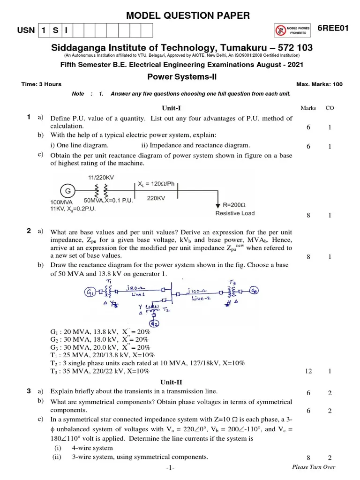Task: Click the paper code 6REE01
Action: [x=333, y=29]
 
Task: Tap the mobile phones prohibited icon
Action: [x=292, y=31]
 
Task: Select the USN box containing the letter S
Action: [x=55, y=31]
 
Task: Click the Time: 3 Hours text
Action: [x=41, y=84]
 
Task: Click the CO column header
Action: [x=330, y=108]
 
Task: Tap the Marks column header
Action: [x=308, y=108]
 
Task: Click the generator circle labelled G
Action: [x=67, y=191]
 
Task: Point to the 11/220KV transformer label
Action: [x=101, y=178]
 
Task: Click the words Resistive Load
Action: [x=235, y=213]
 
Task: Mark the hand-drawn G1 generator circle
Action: [x=90, y=293]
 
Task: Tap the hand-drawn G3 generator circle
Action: [x=254, y=289]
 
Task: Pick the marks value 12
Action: [x=308, y=371]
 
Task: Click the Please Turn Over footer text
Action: [x=313, y=467]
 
